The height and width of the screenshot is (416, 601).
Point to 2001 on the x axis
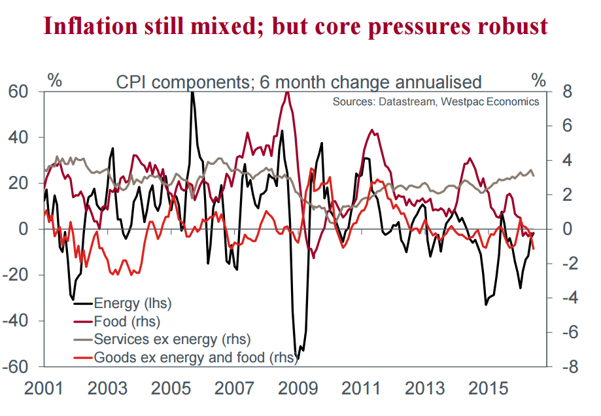coord(44,389)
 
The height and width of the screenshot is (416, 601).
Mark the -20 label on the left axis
coord(18,275)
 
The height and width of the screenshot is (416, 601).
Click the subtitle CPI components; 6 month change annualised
coord(298,82)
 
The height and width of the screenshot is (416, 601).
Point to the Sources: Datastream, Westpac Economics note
coord(436,101)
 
